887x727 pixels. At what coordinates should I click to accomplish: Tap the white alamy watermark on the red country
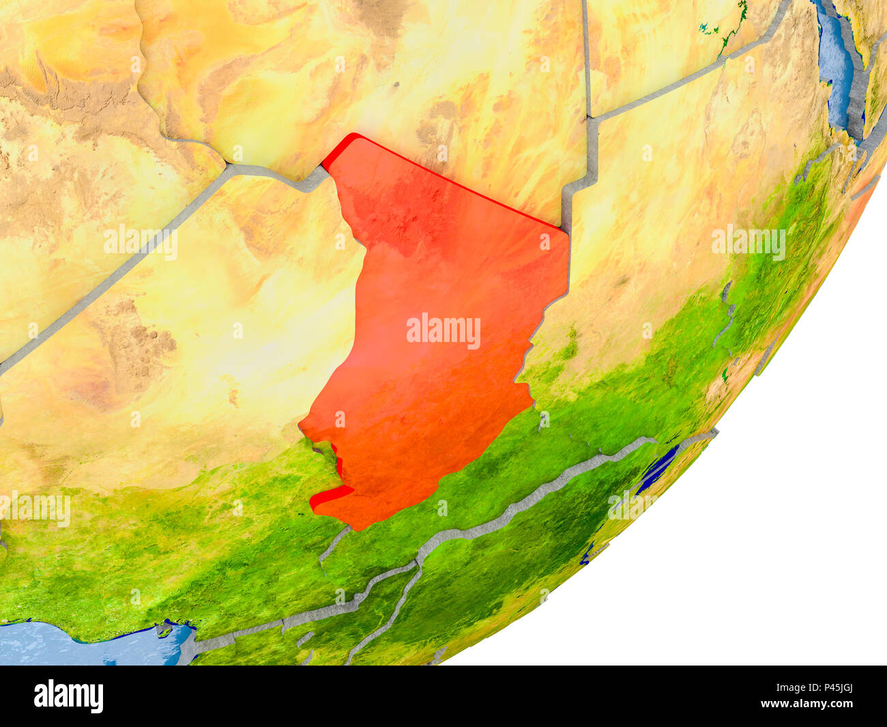pos(443,330)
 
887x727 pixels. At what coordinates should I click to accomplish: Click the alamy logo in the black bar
pos(68,696)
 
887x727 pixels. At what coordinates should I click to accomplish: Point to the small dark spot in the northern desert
pos(396,85)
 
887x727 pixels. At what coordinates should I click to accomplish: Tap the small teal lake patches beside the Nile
pos(710,29)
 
